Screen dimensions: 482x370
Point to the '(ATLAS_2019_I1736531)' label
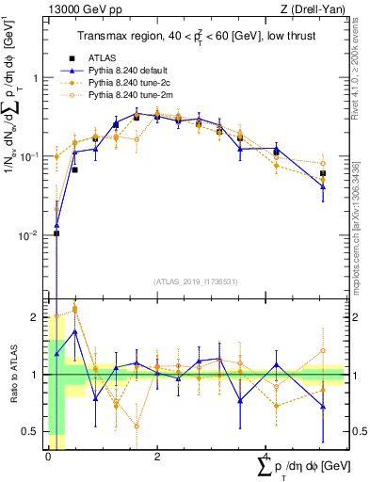(197, 281)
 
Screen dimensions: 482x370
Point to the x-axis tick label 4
(265, 457)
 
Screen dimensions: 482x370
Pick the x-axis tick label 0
(48, 457)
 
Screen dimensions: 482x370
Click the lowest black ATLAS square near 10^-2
(56, 233)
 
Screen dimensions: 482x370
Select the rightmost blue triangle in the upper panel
(323, 186)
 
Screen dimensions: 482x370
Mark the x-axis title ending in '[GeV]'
(301, 467)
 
